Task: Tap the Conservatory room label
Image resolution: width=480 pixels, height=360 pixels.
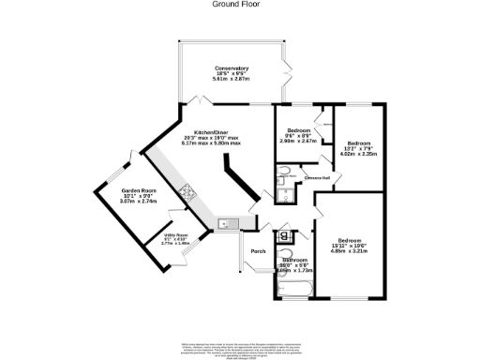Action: (231, 68)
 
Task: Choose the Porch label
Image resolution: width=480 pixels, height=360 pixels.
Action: (258, 251)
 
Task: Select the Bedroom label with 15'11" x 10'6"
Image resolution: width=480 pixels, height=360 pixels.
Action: (352, 240)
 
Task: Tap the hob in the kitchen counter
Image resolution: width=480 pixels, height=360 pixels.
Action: (187, 195)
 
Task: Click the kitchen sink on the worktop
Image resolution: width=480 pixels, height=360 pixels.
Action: (226, 223)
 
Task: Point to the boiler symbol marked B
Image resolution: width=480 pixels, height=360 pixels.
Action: (284, 235)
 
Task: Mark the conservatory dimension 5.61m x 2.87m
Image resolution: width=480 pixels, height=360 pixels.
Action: (231, 82)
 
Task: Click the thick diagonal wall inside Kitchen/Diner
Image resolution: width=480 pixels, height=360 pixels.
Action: (239, 183)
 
